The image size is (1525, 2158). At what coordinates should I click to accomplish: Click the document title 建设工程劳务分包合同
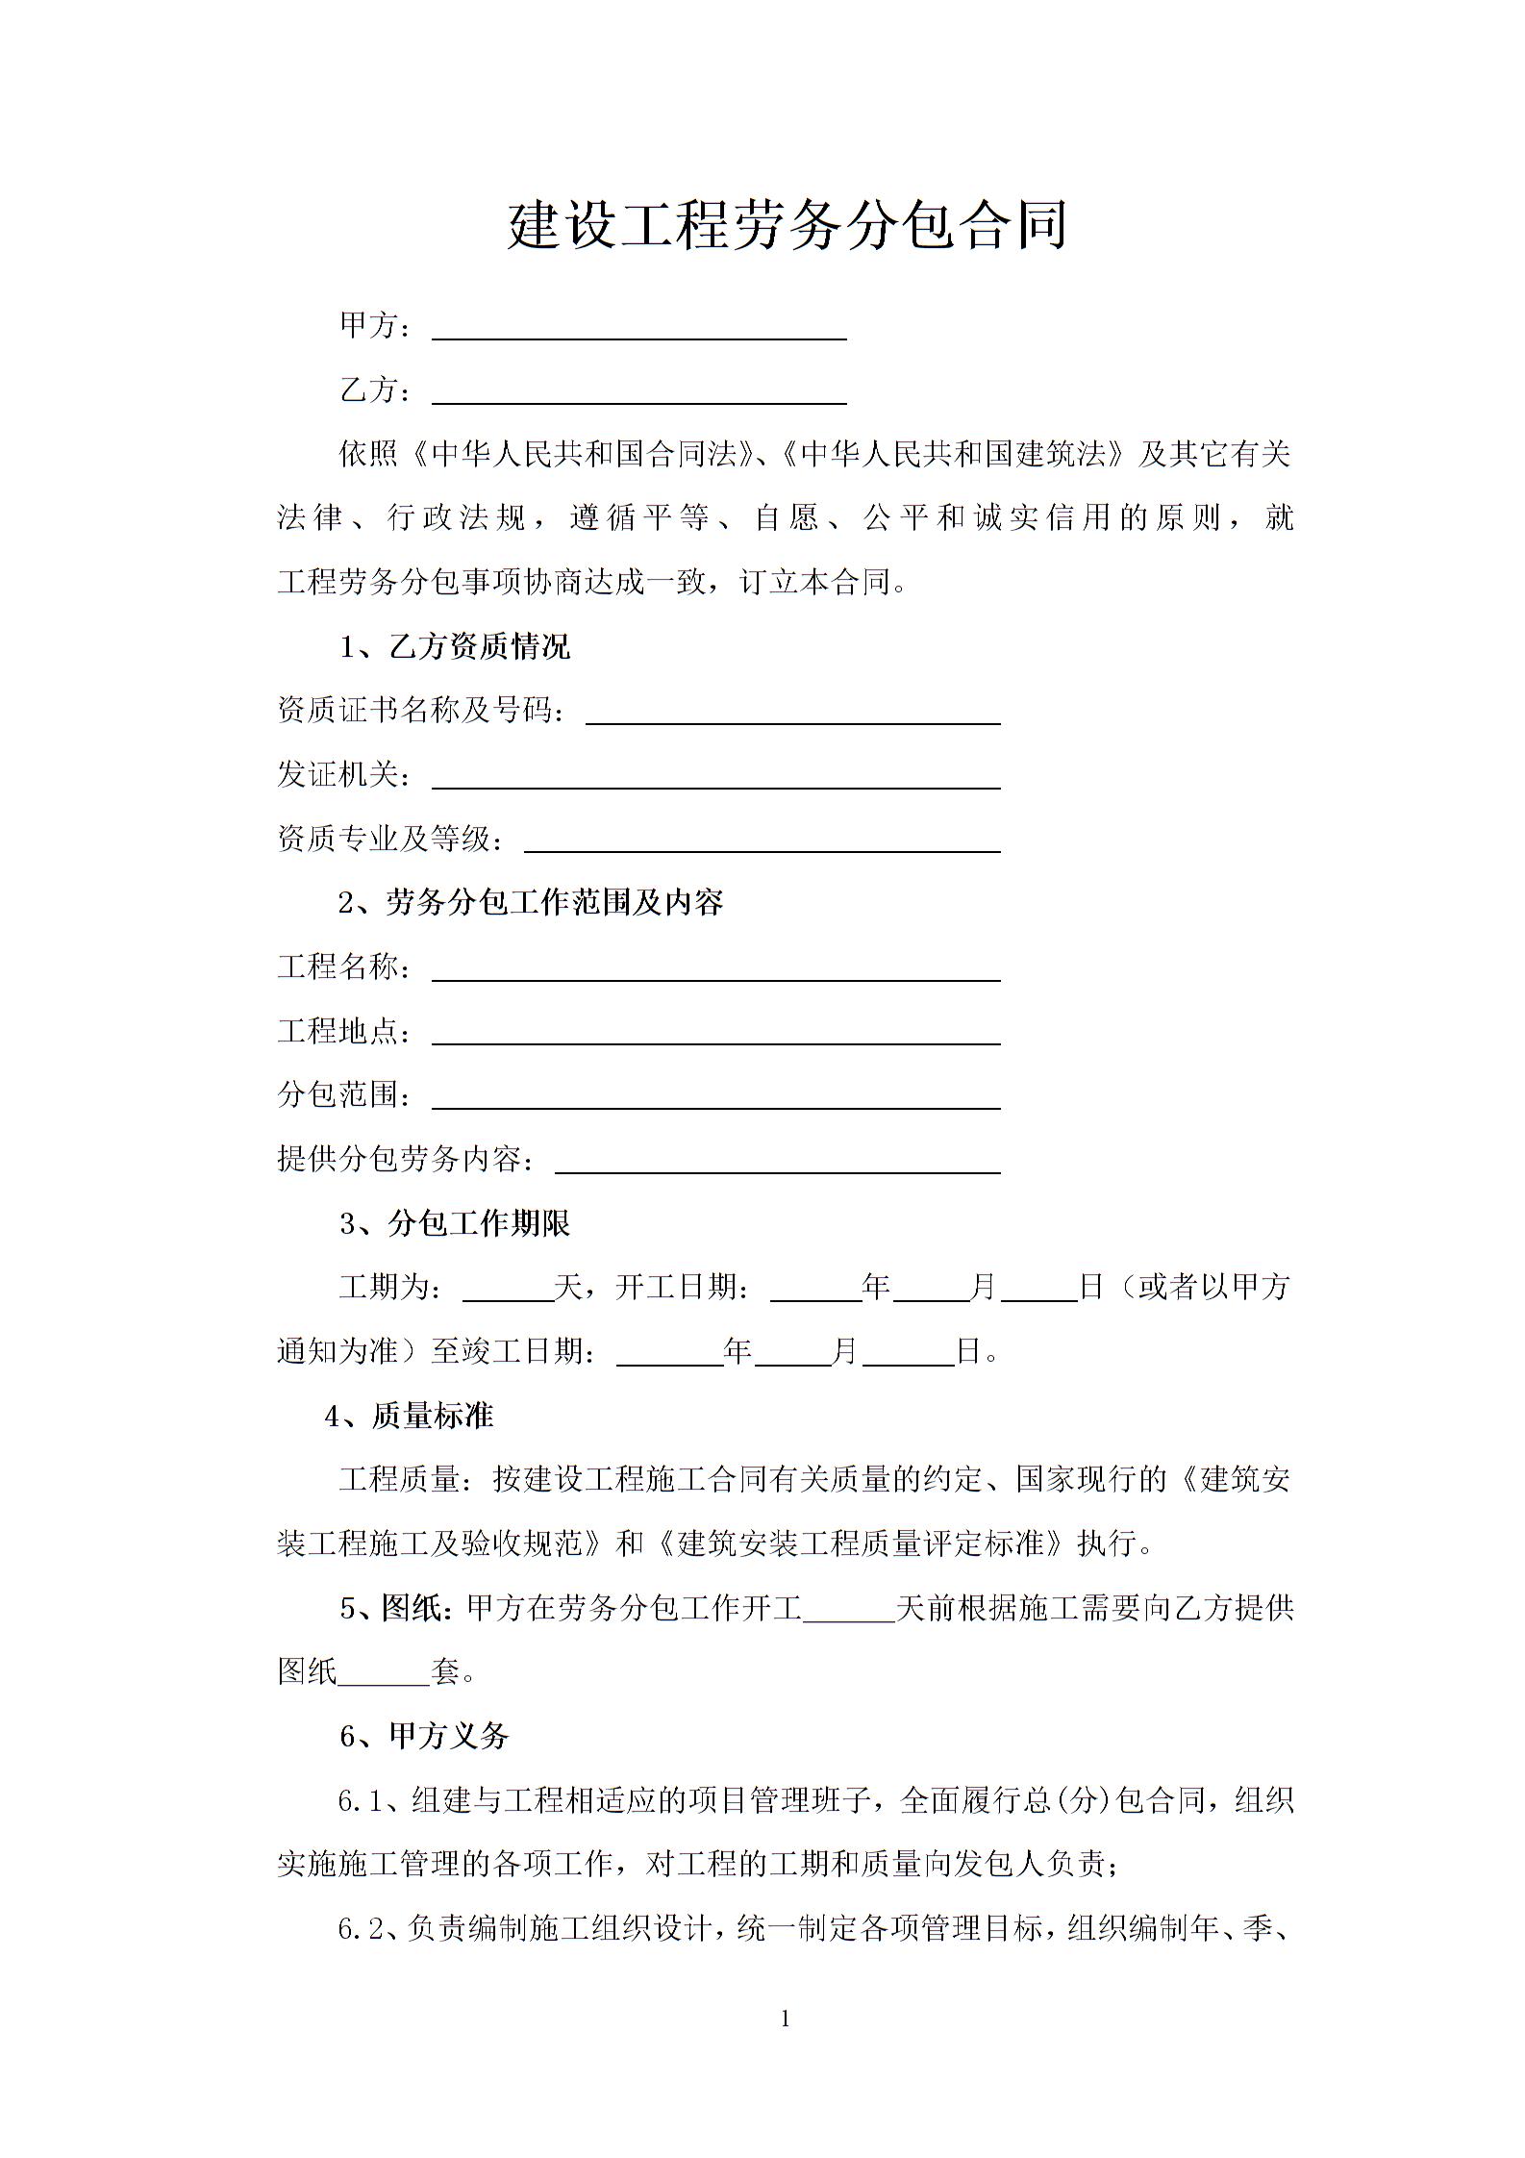tap(787, 227)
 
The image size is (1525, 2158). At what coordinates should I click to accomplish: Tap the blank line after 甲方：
tap(638, 331)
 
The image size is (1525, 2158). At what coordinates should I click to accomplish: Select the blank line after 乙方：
tap(638, 395)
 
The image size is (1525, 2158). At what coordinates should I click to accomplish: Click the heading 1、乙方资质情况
tap(455, 647)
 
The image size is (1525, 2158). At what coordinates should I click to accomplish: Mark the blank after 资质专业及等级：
tap(762, 843)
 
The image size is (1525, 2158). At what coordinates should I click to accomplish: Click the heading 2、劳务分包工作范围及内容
tap(531, 903)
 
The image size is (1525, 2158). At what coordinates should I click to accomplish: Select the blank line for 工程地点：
tap(715, 1036)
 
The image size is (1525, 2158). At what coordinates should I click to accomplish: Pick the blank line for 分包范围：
tap(715, 1100)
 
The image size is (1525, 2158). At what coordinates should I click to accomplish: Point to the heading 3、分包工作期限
tap(455, 1224)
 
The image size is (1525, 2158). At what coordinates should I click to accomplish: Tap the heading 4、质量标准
tap(409, 1417)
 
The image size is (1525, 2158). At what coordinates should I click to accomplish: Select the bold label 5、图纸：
tap(395, 1609)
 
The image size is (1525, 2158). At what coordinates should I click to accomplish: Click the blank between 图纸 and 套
tap(384, 1676)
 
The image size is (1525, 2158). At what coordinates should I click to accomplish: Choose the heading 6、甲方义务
tap(424, 1737)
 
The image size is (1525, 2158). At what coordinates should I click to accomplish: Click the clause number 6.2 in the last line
tap(361, 1930)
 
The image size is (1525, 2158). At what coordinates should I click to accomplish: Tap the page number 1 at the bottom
tap(786, 2020)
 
